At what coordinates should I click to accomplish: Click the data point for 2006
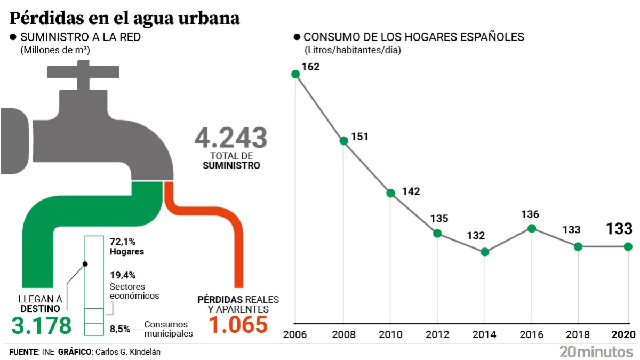[x=295, y=74]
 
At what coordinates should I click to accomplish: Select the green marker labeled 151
[x=343, y=141]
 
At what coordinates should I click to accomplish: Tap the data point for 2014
[x=484, y=252]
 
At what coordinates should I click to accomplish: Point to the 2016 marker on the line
[x=531, y=228]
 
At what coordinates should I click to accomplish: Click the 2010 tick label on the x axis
[x=390, y=334]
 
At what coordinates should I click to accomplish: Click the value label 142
[x=411, y=191]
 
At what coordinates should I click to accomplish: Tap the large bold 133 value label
[x=619, y=229]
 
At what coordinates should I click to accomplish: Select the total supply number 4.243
[x=230, y=138]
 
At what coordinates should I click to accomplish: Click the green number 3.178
[x=42, y=325]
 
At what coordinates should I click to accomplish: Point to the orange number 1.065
[x=238, y=325]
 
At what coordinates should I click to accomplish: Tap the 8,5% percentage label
[x=120, y=329]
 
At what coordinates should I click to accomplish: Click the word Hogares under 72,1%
[x=127, y=251]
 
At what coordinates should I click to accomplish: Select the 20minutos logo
[x=596, y=351]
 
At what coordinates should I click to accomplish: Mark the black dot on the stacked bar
[x=85, y=263]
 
